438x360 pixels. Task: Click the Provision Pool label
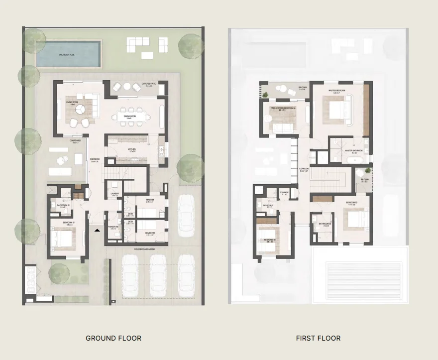tap(67, 55)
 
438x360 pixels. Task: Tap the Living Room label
tap(73, 103)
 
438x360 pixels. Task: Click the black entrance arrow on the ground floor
tap(98, 230)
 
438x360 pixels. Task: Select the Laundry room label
tap(114, 195)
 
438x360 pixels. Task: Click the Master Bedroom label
tap(337, 92)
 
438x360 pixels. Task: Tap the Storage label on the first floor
tap(284, 192)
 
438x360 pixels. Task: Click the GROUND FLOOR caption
tap(113, 338)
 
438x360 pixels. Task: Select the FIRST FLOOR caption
tap(318, 338)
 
